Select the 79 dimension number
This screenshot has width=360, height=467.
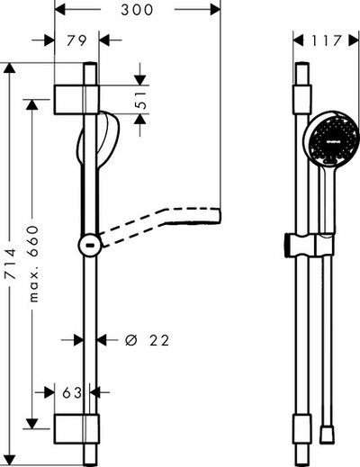[76, 40]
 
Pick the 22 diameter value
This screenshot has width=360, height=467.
[159, 340]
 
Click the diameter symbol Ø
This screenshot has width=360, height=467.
[131, 340]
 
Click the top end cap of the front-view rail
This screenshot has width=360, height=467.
[304, 72]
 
